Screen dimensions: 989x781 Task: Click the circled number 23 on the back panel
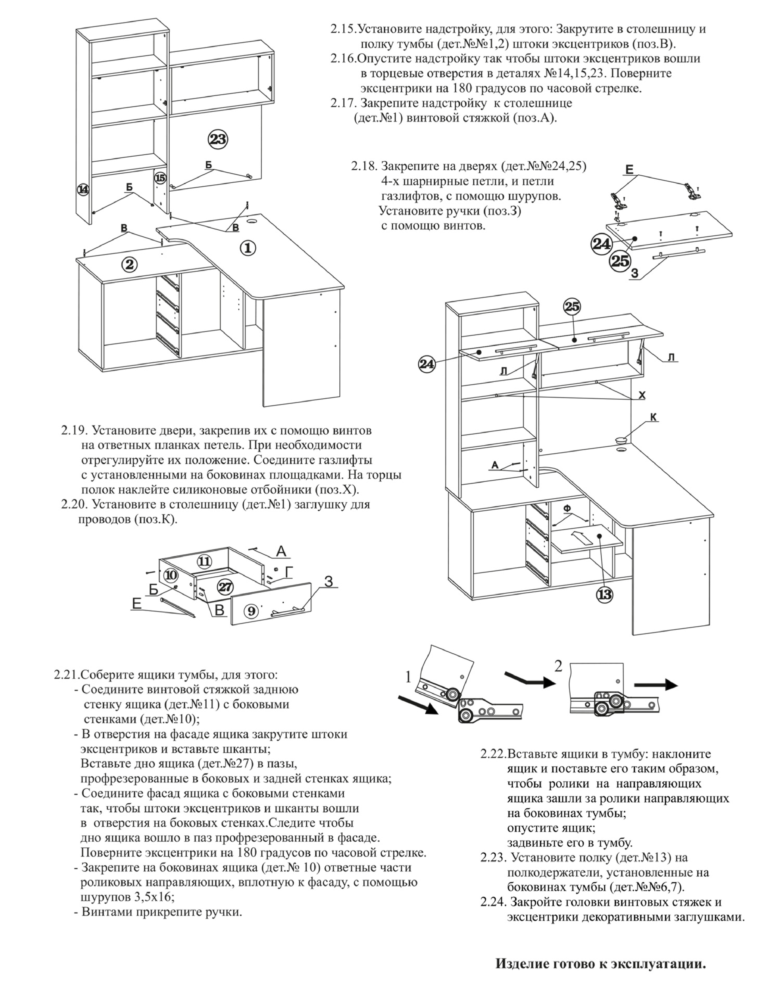pyautogui.click(x=218, y=139)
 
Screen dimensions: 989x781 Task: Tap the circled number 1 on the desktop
pyautogui.click(x=248, y=248)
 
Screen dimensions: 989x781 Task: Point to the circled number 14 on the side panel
pyautogui.click(x=83, y=189)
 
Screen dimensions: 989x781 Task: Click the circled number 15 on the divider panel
pyautogui.click(x=160, y=178)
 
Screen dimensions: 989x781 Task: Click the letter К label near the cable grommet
pyautogui.click(x=654, y=417)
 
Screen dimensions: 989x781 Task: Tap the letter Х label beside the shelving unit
pyautogui.click(x=642, y=395)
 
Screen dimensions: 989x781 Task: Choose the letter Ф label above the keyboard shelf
pyautogui.click(x=568, y=509)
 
